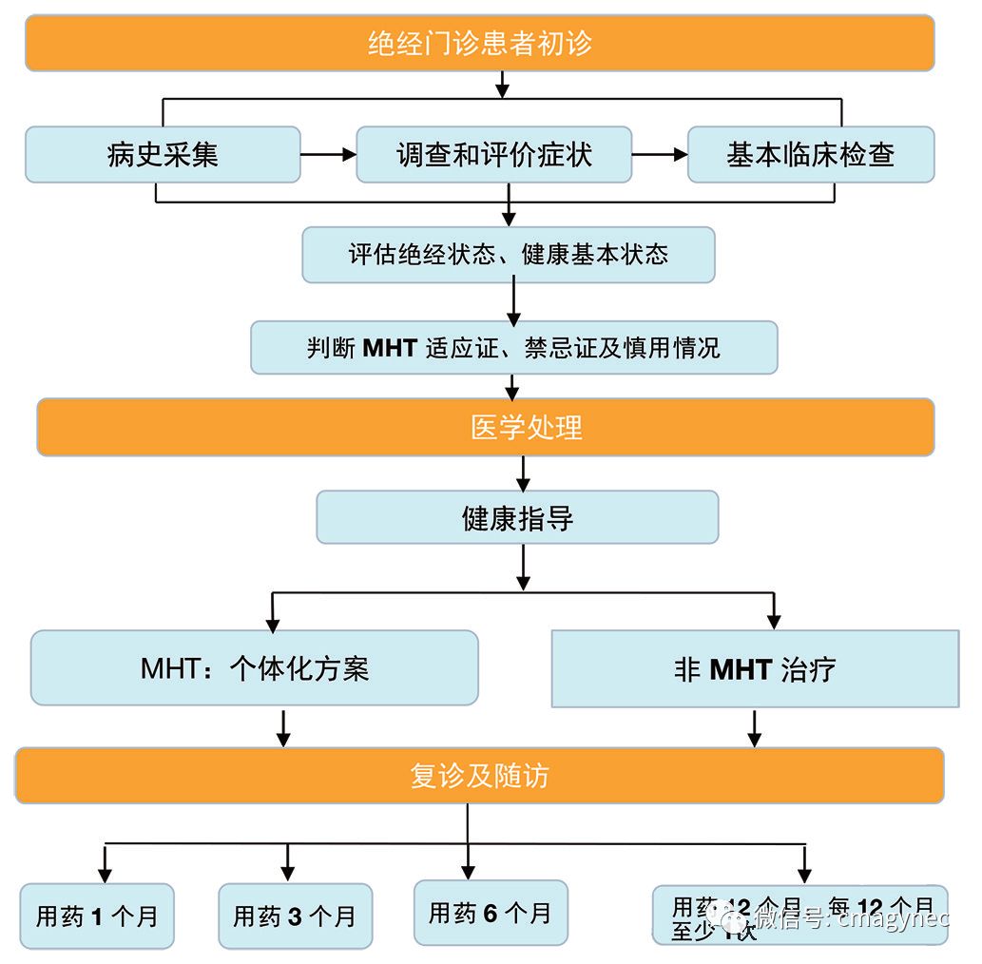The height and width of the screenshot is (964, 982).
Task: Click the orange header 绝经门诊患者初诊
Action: (x=480, y=43)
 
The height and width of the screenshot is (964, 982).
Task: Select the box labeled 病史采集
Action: (x=163, y=154)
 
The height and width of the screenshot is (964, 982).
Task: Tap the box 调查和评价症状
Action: (x=493, y=154)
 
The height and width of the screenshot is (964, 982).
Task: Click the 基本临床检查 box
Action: (x=810, y=154)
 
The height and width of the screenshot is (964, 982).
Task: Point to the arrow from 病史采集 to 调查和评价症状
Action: (x=328, y=154)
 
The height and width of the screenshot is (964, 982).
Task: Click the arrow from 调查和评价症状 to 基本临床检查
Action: (x=660, y=154)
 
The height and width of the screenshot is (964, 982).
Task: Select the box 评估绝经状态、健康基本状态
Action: (x=508, y=254)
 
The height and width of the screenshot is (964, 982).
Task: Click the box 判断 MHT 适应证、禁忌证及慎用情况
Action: (x=513, y=347)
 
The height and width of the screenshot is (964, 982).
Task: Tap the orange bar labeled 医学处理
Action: (x=485, y=427)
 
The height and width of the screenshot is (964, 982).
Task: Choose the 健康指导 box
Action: (x=517, y=517)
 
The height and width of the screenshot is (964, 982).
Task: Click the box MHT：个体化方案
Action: (x=254, y=667)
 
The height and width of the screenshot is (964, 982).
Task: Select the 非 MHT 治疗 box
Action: (x=755, y=668)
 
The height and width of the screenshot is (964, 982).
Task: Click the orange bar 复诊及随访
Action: (x=479, y=776)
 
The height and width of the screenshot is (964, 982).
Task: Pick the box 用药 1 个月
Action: (x=97, y=916)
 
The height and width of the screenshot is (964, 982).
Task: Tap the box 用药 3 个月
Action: (x=295, y=916)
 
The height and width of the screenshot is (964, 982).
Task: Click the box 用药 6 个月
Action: (x=491, y=913)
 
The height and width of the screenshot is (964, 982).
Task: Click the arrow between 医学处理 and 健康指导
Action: (x=522, y=472)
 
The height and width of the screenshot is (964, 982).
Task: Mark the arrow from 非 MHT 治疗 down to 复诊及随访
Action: (x=755, y=727)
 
